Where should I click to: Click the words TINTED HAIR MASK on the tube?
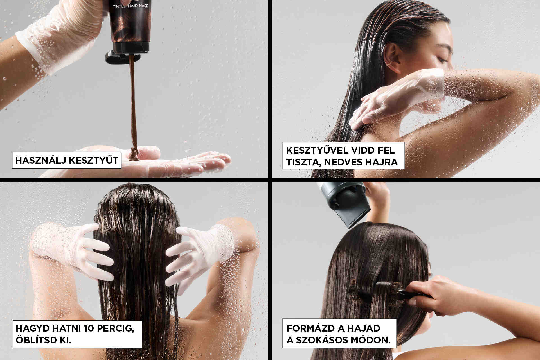[x=130, y=5]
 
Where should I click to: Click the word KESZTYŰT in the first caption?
[x=93, y=160]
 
